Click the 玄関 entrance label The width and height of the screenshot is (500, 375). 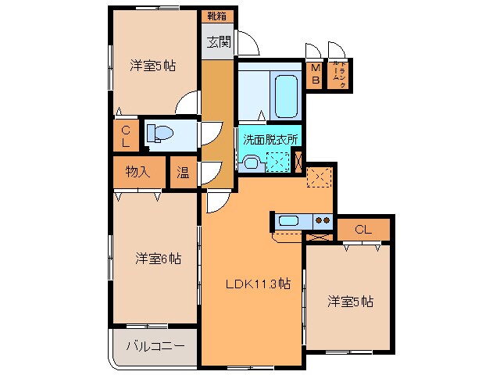point(219,43)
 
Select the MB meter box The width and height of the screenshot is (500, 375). point(316,75)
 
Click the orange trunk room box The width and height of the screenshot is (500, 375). point(338,75)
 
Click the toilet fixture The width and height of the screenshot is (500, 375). point(160,134)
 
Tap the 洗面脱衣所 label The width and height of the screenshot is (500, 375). point(269,141)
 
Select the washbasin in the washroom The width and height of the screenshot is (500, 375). point(251,162)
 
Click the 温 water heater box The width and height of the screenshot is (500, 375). point(182,172)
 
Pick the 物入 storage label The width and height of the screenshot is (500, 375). point(138,172)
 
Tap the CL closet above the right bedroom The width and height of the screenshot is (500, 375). point(362,229)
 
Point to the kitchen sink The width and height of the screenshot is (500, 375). point(289,220)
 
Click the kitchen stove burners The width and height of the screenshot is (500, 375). point(322,220)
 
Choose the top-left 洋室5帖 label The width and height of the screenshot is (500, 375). point(152,66)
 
